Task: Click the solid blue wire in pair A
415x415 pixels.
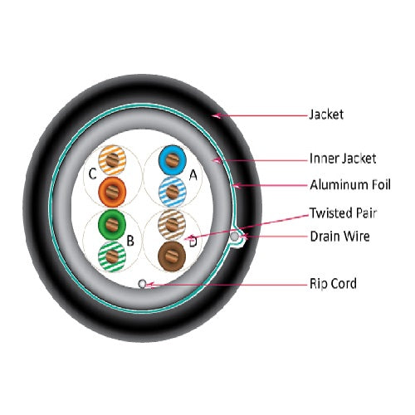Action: tap(173, 160)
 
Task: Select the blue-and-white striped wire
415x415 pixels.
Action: tap(173, 192)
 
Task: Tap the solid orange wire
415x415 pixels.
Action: tap(112, 192)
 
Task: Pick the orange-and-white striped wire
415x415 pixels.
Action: tap(112, 160)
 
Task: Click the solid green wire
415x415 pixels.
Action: tap(112, 224)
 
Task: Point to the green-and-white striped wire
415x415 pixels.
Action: tap(112, 256)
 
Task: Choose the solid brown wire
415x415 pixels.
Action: tap(172, 256)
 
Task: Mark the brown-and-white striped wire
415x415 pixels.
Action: tap(172, 224)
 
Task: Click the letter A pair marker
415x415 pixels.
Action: tap(193, 175)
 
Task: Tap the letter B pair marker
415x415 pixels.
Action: tap(130, 241)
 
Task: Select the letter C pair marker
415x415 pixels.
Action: tap(92, 174)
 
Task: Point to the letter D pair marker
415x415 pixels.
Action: tap(193, 242)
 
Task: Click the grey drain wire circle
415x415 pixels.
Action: tap(234, 237)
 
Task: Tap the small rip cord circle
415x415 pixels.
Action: tap(142, 284)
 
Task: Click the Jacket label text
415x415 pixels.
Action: tap(326, 115)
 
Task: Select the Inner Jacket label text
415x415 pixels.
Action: tap(343, 159)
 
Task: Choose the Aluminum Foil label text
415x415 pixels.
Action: tap(350, 185)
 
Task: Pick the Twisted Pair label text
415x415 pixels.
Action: tap(343, 213)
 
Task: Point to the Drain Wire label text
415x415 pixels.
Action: tap(340, 237)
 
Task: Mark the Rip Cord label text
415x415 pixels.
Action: tap(334, 284)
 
